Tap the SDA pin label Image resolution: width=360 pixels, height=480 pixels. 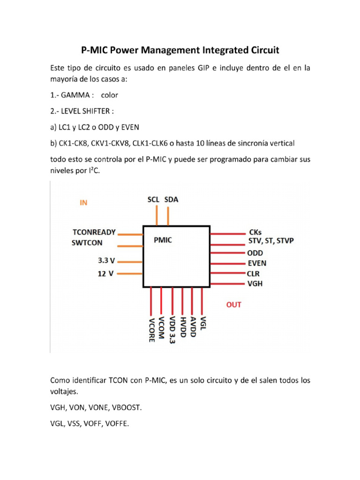pyautogui.click(x=172, y=200)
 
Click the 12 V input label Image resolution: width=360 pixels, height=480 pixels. pyautogui.click(x=106, y=274)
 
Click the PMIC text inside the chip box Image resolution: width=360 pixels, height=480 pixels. pyautogui.click(x=163, y=240)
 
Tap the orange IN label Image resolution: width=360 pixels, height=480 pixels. pyautogui.click(x=83, y=203)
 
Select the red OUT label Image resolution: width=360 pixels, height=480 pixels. pyautogui.click(x=234, y=305)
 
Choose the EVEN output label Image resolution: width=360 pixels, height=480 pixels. pyautogui.click(x=257, y=263)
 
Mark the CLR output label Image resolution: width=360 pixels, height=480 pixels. pyautogui.click(x=253, y=273)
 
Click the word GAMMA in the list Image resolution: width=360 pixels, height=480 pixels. pyautogui.click(x=75, y=95)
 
